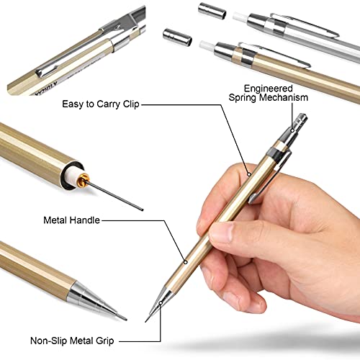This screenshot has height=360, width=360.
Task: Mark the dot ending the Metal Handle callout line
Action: point(188,261)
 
